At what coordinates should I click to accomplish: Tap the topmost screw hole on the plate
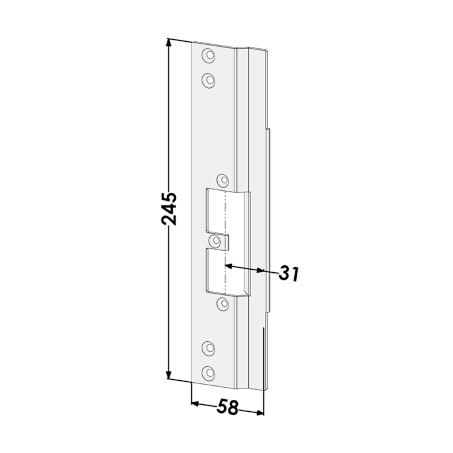(208, 56)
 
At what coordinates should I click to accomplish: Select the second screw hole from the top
(208, 81)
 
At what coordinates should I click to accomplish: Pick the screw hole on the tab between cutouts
(215, 241)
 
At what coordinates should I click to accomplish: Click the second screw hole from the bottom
(208, 348)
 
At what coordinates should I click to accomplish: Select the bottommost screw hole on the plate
(208, 373)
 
